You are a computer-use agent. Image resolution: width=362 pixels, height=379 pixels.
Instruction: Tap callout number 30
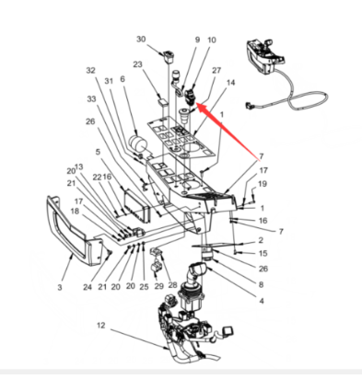(141, 40)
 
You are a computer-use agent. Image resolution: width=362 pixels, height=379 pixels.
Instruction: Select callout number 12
(101, 325)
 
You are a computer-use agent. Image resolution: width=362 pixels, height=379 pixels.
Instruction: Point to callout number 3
(60, 287)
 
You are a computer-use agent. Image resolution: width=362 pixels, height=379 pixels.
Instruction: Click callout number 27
(216, 70)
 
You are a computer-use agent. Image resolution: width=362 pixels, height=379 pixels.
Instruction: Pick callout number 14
(230, 83)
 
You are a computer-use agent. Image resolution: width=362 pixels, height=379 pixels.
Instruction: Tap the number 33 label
(91, 98)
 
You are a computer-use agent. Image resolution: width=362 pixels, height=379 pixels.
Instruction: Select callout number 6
(123, 79)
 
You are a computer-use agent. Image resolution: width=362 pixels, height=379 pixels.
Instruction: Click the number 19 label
(263, 184)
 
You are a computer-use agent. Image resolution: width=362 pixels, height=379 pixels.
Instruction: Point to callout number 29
(159, 287)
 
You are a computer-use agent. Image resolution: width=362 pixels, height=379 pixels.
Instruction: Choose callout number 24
(88, 287)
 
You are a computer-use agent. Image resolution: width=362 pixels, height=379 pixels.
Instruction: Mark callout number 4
(262, 301)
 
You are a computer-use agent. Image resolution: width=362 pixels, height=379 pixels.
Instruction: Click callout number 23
(138, 64)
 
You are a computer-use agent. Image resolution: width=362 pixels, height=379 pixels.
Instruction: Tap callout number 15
(263, 253)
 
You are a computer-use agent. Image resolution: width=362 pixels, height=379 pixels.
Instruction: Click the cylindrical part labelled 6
(137, 144)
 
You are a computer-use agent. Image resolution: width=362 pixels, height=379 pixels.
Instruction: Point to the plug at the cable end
(249, 107)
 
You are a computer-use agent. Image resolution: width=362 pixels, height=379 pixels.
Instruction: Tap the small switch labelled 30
(169, 57)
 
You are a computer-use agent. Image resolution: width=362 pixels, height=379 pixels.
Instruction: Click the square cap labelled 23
(164, 102)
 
